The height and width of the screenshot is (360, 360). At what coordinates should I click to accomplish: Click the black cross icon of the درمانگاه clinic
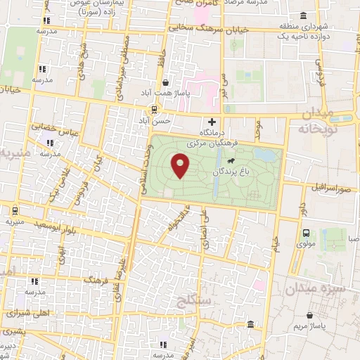pos(212,121)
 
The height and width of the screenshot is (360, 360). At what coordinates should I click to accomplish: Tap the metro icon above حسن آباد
pos(155,109)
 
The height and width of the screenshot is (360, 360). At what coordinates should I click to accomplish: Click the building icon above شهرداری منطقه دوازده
pos(303,16)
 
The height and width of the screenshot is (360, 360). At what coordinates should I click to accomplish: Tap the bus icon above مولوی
pos(306,233)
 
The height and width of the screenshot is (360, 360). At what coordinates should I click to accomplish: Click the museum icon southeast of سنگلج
pos(251,324)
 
